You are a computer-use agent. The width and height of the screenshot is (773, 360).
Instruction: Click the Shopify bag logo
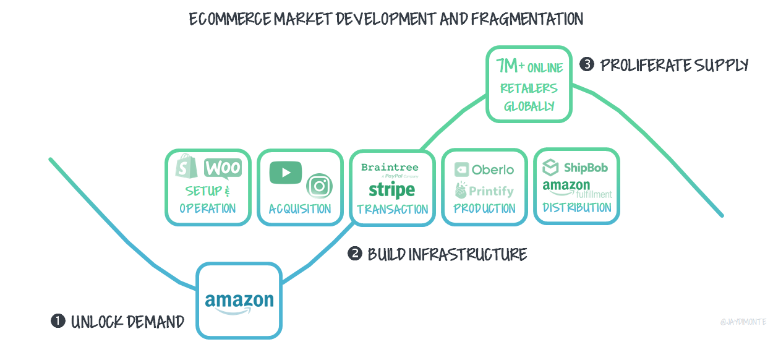pos(186,167)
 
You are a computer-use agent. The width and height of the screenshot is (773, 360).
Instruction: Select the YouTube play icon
pos(286,172)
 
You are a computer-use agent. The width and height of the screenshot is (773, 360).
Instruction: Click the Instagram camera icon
pos(320,186)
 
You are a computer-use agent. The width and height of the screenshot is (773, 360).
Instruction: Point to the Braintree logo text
pos(390,168)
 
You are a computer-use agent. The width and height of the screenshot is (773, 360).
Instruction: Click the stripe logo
pos(391,189)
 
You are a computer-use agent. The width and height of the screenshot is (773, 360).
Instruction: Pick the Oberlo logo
pos(484,169)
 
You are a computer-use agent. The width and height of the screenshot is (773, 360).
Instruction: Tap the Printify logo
pos(484,191)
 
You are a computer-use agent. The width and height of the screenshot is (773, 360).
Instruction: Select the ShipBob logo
pos(575,168)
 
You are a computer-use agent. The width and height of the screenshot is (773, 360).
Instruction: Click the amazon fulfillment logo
pos(576,189)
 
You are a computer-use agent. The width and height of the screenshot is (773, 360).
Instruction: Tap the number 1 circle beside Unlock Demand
pos(58,321)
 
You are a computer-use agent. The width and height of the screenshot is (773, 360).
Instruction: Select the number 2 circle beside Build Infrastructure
pos(354,254)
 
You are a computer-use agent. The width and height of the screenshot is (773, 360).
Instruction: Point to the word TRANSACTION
pos(392,209)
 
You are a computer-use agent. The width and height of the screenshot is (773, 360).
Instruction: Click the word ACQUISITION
pos(300,209)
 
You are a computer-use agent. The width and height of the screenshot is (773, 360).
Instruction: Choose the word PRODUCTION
pos(484,208)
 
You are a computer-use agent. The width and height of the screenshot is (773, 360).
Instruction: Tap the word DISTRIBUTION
pos(576,208)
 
